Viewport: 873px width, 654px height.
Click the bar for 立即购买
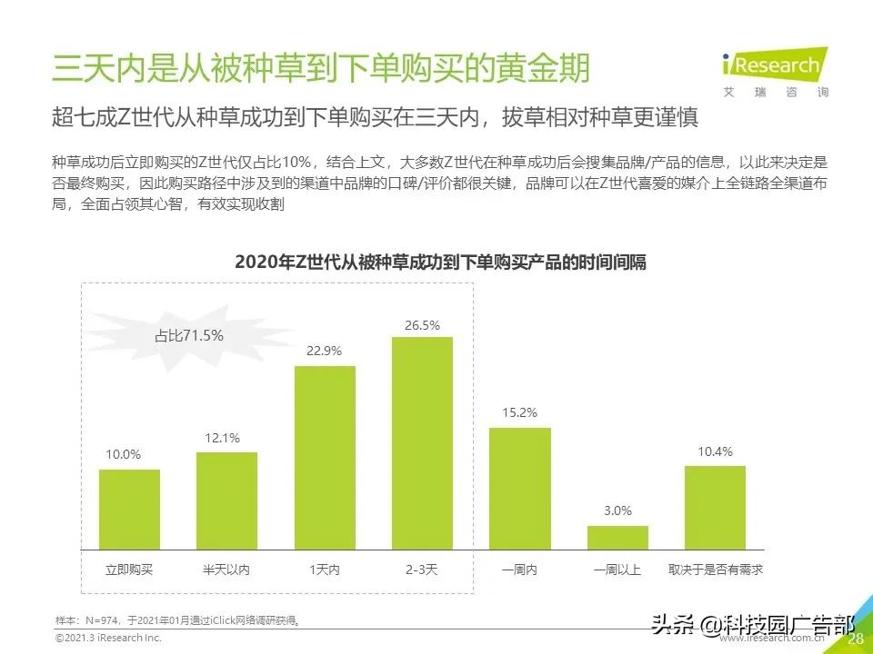point(129,510)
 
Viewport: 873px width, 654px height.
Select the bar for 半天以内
point(226,500)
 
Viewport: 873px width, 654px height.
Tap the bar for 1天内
point(325,458)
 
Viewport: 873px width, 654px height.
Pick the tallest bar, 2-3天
point(422,443)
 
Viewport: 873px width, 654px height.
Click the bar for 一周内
point(520,489)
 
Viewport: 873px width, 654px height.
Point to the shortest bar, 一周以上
point(617,538)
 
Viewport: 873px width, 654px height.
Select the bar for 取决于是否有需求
point(715,508)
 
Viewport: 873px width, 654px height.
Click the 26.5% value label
point(423,325)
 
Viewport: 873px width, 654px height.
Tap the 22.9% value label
point(325,351)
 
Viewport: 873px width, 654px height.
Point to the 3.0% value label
point(617,511)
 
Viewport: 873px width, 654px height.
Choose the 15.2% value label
point(520,412)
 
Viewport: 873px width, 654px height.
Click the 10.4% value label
point(715,451)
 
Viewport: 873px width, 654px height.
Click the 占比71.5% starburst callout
point(186,335)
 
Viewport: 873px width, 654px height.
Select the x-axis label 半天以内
point(226,570)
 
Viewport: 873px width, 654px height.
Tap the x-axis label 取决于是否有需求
point(715,570)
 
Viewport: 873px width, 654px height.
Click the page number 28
point(855,639)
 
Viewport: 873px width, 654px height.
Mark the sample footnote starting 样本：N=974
point(178,620)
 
